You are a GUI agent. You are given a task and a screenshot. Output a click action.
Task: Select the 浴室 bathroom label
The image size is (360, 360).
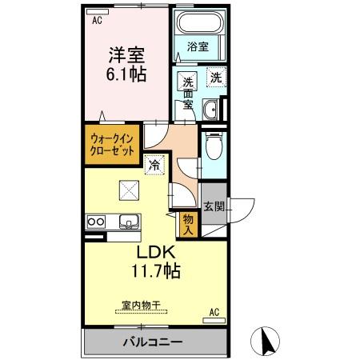click(x=198, y=46)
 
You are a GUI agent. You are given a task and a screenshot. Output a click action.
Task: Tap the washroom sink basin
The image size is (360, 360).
click(x=210, y=110)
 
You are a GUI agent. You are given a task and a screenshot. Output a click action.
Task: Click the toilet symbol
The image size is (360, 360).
click(x=213, y=147)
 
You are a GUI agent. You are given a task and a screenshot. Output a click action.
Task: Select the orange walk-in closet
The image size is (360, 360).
click(x=111, y=145)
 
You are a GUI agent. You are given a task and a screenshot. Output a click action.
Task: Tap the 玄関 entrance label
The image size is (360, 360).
click(x=213, y=207)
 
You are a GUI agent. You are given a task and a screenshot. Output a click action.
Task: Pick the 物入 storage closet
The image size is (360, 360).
click(x=189, y=223)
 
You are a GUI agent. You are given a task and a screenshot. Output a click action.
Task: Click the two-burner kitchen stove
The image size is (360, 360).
click(x=96, y=221)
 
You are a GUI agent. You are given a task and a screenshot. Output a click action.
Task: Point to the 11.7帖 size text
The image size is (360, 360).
click(x=154, y=271)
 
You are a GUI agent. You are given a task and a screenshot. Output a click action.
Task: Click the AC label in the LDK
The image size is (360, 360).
click(x=214, y=310)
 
